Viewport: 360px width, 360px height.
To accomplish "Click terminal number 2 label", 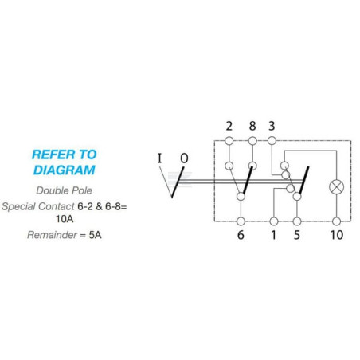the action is click(x=229, y=126).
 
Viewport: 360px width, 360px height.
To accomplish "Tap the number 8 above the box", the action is click(x=252, y=126).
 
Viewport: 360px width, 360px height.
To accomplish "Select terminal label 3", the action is click(x=272, y=126).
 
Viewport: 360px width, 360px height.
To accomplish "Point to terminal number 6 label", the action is click(x=241, y=235).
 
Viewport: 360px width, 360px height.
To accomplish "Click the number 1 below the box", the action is click(x=273, y=235).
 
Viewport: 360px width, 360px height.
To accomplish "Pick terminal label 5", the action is click(x=297, y=235).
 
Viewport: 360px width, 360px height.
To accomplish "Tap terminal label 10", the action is click(x=337, y=235).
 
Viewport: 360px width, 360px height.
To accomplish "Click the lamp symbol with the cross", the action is click(x=336, y=187).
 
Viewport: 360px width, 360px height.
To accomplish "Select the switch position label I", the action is click(x=159, y=158).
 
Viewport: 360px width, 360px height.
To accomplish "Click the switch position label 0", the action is click(x=184, y=158).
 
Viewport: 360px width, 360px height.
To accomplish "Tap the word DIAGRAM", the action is click(x=65, y=170).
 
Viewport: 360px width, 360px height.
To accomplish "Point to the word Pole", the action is click(x=81, y=190).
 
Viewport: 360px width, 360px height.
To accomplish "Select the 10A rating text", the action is click(x=65, y=219).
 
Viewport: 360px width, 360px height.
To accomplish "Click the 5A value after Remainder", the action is click(x=95, y=235).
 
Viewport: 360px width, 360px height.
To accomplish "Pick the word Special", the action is click(x=18, y=206).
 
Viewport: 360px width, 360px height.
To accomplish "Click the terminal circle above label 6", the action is click(x=241, y=221).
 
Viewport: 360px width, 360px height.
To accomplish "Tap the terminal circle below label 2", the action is click(x=229, y=141).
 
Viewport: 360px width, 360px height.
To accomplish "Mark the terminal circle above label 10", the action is click(x=336, y=221).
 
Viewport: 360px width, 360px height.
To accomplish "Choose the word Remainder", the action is click(x=52, y=235).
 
